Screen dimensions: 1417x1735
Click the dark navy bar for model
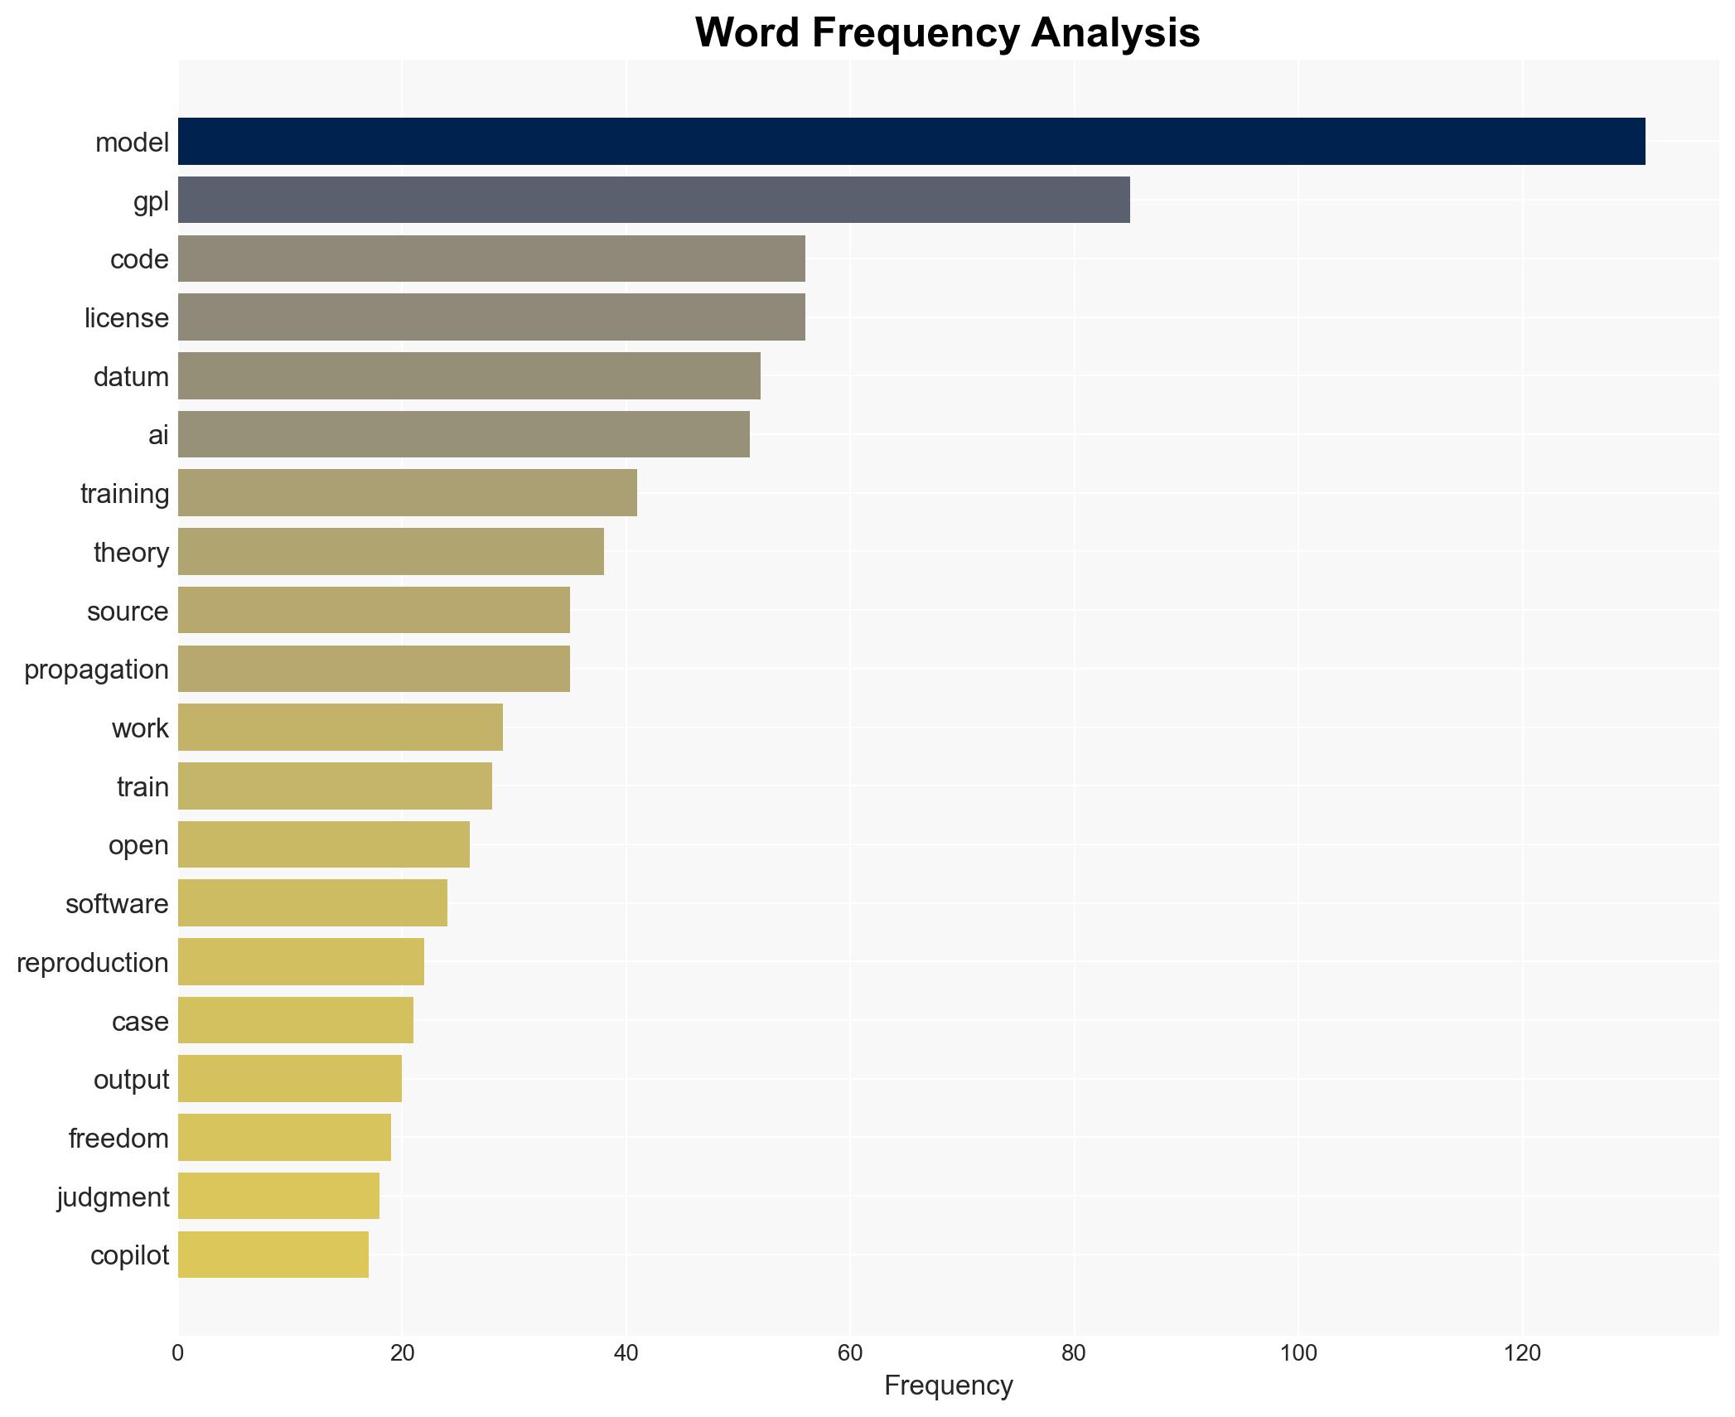coord(911,142)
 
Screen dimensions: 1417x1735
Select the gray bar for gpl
coord(654,200)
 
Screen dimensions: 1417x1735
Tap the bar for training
coord(408,493)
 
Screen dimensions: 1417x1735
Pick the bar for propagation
coord(374,669)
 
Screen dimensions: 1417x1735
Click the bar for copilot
coord(273,1255)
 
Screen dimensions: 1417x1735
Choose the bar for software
coord(312,903)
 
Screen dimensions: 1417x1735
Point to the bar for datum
coord(469,376)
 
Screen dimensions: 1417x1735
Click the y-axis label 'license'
coord(126,318)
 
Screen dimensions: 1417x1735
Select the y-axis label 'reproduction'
coord(92,963)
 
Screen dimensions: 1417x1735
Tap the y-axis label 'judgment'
coord(113,1197)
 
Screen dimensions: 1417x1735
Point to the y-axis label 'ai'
coord(158,435)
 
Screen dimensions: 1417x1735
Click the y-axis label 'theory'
coord(131,553)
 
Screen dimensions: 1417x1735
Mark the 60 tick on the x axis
coord(850,1353)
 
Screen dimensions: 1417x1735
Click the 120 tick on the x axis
coord(1522,1353)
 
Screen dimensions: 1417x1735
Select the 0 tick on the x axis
coord(178,1353)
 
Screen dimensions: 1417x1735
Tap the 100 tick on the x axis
coord(1298,1353)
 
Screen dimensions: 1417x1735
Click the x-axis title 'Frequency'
coord(948,1386)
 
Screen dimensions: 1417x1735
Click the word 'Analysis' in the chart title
coord(1115,33)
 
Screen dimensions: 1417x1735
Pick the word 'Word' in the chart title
coord(747,33)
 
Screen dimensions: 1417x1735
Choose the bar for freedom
coord(284,1138)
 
